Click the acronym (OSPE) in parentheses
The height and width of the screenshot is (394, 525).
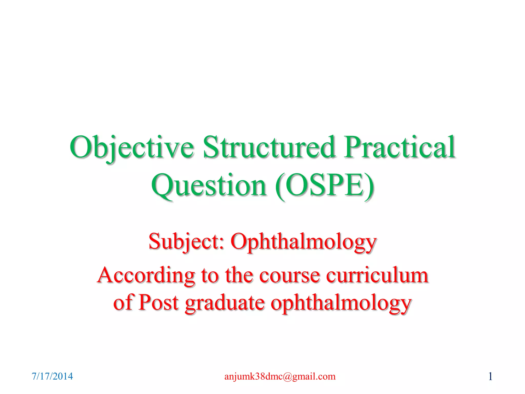pos(325,185)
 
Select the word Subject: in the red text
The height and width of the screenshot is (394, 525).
pos(186,241)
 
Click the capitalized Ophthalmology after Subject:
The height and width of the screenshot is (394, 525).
pos(304,242)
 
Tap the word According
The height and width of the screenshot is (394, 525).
pos(146,275)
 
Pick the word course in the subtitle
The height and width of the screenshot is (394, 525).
pos(290,275)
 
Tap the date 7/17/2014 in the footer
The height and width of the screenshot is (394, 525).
pos(52,376)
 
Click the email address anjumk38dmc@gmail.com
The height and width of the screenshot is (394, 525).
pos(280,376)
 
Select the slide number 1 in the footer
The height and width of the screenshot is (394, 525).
pos(490,377)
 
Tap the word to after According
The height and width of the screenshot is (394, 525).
pos(209,275)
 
